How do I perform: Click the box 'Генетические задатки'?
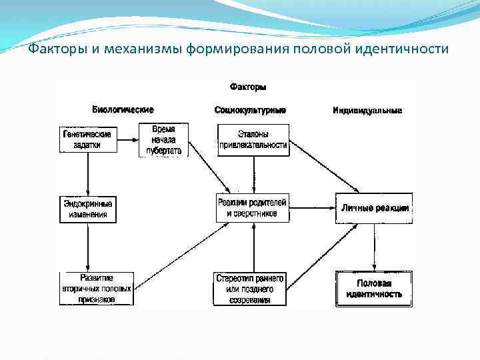pos(87,139)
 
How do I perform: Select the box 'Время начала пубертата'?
pos(163,140)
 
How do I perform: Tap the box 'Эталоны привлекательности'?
pos(253,140)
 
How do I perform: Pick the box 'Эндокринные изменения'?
pos(87,209)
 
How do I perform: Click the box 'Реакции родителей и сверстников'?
pos(253,208)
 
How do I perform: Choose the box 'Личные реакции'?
pos(374,208)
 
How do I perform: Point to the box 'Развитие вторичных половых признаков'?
pos(97,289)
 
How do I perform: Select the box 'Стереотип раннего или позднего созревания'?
pos(251,289)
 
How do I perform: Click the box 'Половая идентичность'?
pos(373,289)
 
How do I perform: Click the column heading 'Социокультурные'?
pos(250,109)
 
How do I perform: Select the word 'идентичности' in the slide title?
pos(407,50)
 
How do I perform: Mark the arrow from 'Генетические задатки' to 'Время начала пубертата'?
pos(127,139)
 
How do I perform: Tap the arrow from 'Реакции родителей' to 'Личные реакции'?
pos(312,208)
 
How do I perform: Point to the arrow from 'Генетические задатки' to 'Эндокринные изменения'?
pos(87,174)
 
